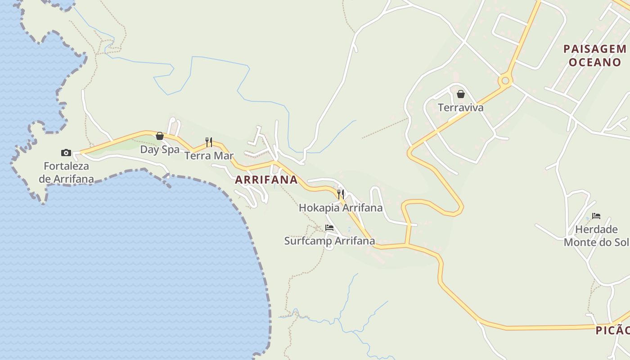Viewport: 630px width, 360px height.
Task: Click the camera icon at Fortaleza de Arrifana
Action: click(x=66, y=153)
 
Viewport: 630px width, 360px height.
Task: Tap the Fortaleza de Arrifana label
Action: click(x=66, y=172)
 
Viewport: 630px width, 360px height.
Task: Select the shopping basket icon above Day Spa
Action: click(x=160, y=136)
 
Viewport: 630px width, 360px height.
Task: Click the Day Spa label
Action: click(x=160, y=149)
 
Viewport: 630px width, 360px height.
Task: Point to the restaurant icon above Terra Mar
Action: click(x=209, y=142)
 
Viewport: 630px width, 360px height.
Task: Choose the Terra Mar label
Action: click(x=209, y=156)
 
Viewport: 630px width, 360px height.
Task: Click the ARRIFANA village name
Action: click(x=266, y=180)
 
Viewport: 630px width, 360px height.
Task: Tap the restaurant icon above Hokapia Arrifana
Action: click(x=341, y=194)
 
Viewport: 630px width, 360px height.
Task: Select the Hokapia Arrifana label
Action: click(x=341, y=208)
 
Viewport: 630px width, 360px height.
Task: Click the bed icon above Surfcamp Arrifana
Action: click(x=329, y=228)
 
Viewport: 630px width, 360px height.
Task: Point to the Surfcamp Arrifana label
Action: click(x=329, y=241)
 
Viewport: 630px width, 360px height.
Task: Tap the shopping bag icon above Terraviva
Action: click(x=461, y=94)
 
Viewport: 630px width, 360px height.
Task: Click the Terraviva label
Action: click(x=461, y=108)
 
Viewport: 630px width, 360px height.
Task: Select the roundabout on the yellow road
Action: click(x=505, y=81)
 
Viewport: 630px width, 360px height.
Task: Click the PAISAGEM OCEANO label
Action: click(x=595, y=55)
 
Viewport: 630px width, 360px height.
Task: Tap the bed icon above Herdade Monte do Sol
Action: click(x=596, y=216)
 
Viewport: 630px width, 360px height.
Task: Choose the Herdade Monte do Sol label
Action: click(x=596, y=236)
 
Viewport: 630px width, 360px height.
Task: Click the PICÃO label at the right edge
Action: click(x=612, y=330)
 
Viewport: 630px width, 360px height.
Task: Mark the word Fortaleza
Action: click(x=66, y=166)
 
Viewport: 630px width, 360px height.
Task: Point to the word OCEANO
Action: click(x=595, y=62)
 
